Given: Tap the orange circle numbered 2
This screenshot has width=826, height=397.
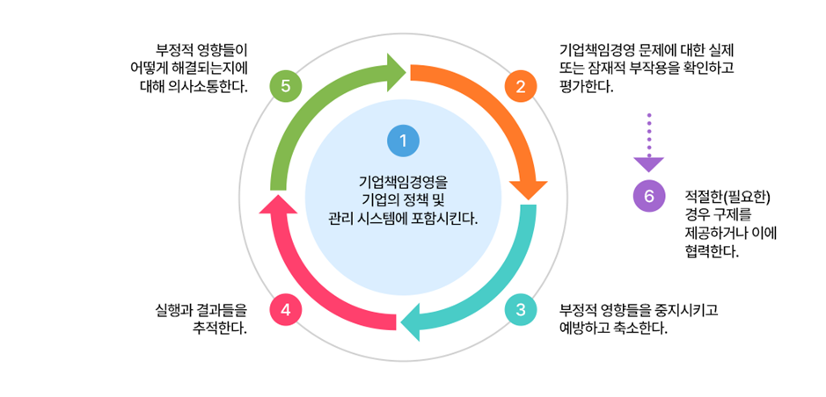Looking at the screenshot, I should click(521, 86).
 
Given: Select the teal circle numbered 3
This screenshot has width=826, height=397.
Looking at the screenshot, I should click(521, 310).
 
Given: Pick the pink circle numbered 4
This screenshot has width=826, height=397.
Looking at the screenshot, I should click(286, 310).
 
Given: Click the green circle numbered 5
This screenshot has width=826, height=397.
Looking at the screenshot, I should click(286, 86).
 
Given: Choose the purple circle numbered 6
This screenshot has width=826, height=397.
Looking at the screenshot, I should click(649, 197).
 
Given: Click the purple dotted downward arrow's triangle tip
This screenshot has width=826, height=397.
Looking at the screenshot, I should click(649, 163).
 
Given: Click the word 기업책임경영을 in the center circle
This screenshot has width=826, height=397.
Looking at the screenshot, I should click(403, 183).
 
